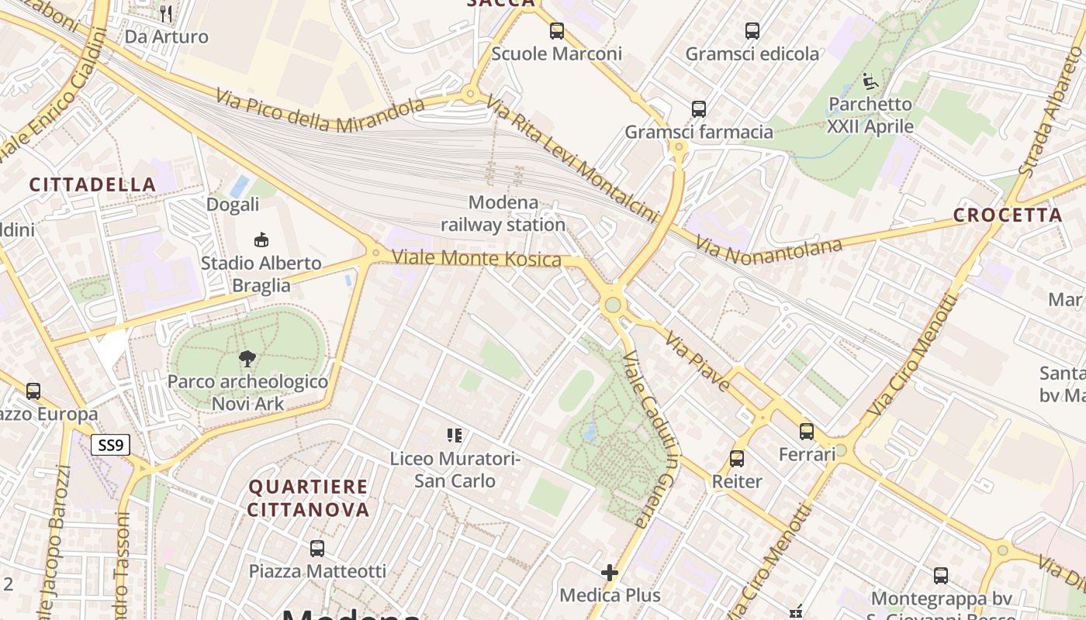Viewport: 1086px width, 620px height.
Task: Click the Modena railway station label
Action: pos(503,214)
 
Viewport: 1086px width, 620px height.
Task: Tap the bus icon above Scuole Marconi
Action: pos(557,31)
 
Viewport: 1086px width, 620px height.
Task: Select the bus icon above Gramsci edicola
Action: pos(752,31)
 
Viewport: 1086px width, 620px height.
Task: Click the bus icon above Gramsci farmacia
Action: pos(699,109)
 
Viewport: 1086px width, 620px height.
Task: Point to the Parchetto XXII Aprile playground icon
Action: pos(870,81)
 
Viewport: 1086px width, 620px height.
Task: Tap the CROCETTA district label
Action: pos(1007,215)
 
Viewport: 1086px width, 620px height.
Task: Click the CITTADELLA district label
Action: pos(93,184)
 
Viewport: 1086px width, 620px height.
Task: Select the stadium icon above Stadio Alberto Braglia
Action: pos(261,240)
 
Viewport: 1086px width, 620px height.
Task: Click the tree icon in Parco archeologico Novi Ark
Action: pos(247,358)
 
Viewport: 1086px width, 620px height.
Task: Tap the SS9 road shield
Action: pos(110,446)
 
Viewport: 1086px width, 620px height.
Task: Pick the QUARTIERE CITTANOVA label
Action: pos(309,498)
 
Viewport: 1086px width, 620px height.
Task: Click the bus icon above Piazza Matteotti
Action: pos(316,549)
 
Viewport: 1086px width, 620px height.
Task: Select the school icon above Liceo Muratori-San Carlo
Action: pos(454,436)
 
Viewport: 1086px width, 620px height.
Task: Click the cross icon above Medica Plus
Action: pos(610,573)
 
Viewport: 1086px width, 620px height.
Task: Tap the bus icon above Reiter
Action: pos(737,459)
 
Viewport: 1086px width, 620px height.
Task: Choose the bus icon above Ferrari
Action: pos(807,432)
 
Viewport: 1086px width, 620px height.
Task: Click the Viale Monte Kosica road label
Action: pos(476,258)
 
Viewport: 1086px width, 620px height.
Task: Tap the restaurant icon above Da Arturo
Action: pos(165,13)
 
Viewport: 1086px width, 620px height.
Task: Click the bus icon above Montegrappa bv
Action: pos(941,576)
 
